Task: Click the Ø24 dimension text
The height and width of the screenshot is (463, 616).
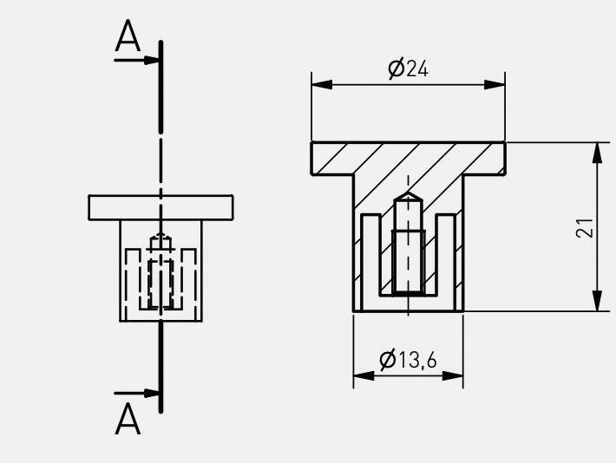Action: tap(408, 68)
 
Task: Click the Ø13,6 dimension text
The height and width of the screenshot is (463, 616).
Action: tap(408, 359)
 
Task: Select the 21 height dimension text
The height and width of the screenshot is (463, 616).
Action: tap(585, 228)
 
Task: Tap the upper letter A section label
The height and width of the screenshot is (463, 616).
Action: tap(128, 36)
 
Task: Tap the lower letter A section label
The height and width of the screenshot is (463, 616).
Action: tap(128, 419)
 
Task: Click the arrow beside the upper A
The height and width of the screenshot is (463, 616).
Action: tap(136, 61)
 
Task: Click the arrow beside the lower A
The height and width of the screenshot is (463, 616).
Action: tap(136, 393)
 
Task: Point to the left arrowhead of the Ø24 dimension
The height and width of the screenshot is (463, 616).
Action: tap(322, 84)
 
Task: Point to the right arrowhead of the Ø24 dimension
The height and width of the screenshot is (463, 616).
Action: tap(495, 84)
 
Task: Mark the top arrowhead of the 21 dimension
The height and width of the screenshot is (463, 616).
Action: tap(597, 153)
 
